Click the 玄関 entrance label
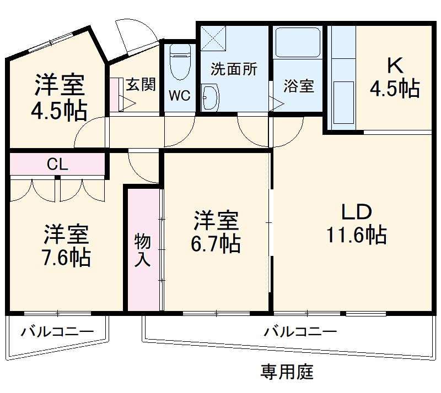pos(141,84)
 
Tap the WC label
pos(179,95)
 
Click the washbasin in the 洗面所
pos(210,97)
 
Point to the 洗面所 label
pos(234,69)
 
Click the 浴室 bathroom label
pos(299,86)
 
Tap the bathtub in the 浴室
pos(297,43)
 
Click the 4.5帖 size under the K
pos(394,89)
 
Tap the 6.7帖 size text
pos(216,243)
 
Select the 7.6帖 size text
pos(67,257)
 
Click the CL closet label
pos(57,163)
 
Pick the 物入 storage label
pos(142,250)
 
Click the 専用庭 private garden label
pos(287,373)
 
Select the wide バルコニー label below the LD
pos(299,332)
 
